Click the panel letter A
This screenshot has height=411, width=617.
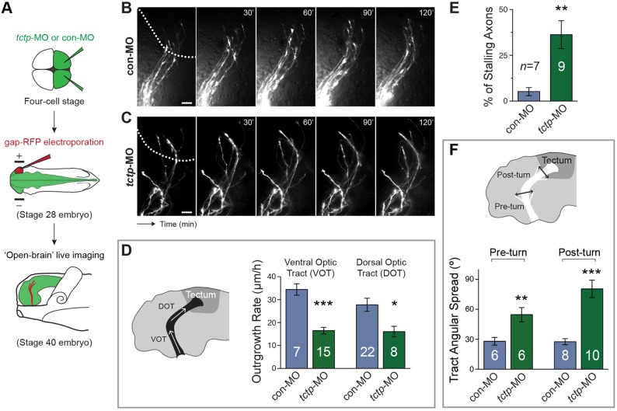[9, 9]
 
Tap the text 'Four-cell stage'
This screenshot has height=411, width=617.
[48, 106]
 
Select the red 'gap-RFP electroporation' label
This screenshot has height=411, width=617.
[53, 145]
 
